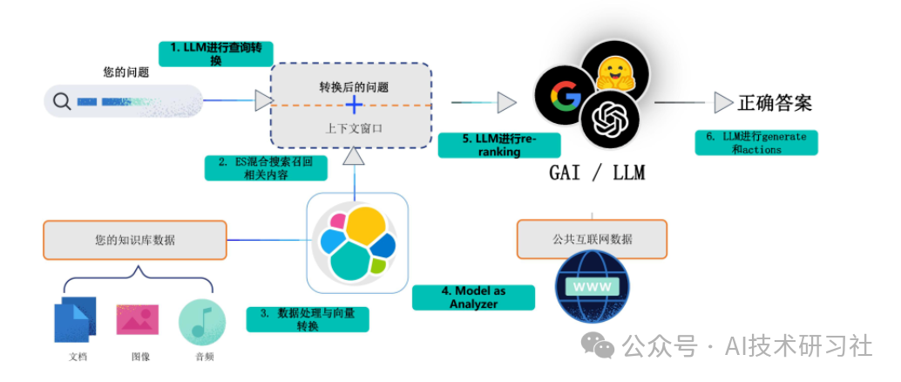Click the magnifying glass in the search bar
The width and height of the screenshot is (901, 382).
62,102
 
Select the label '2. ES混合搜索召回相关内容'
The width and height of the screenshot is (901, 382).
261,167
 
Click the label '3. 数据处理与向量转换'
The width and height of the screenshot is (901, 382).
308,319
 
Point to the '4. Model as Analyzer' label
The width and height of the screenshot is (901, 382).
473,297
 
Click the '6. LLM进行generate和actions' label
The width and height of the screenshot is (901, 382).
755,143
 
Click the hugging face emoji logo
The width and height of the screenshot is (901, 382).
618,66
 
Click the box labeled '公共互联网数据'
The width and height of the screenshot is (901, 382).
592,239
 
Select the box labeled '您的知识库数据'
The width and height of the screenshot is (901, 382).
135,240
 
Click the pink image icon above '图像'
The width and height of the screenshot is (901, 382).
137,319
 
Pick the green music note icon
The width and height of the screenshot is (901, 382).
202,322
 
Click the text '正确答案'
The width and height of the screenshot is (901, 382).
775,103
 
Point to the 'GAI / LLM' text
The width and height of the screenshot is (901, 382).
597,174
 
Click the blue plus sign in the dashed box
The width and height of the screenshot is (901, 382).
354,106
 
